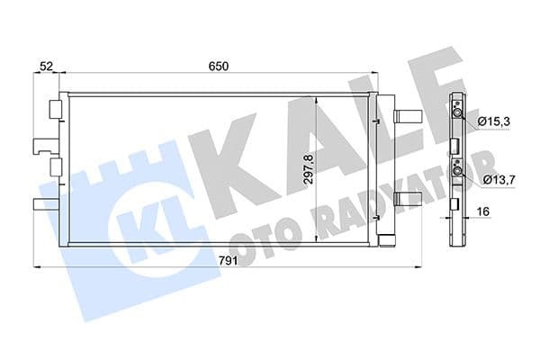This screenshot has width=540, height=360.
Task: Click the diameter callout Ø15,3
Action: (495, 121)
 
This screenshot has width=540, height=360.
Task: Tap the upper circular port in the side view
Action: (458, 112)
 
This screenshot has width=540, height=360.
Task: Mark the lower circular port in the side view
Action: (458, 171)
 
